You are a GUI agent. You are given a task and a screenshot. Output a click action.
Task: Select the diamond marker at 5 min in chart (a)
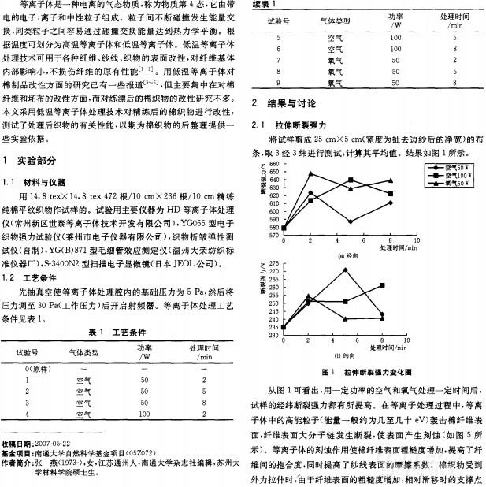click(348, 221)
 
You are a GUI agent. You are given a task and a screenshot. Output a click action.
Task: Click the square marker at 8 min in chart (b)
click(383, 285)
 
